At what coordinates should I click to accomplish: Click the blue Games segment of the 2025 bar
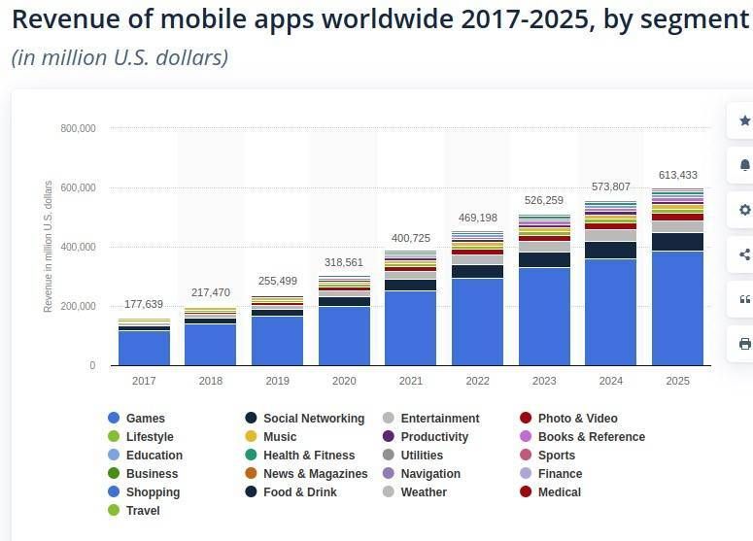(x=677, y=309)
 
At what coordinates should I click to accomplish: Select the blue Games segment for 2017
(x=144, y=348)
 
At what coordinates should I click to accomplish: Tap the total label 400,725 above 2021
(x=410, y=238)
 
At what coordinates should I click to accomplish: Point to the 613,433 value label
(x=677, y=175)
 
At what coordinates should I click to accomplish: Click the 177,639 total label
(x=144, y=304)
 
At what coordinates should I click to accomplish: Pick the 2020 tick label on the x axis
(x=344, y=381)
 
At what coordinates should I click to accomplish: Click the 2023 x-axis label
(x=544, y=381)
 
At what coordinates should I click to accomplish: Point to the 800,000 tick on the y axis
(x=78, y=128)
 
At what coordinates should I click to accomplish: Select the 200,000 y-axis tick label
(x=78, y=306)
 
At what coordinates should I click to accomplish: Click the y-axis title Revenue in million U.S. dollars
(x=49, y=246)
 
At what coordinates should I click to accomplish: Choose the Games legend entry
(x=145, y=419)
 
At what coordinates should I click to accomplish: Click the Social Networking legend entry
(x=313, y=419)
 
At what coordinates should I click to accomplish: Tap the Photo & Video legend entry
(x=577, y=419)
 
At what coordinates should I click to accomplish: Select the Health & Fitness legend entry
(x=309, y=456)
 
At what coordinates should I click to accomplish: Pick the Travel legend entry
(x=143, y=511)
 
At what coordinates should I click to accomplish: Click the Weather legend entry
(x=424, y=492)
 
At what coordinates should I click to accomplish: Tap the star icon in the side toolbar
(x=745, y=120)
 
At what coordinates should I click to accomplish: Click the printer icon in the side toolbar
(x=745, y=344)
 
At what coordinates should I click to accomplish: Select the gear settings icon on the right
(x=745, y=210)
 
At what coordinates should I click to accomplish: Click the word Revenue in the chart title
(x=64, y=19)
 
